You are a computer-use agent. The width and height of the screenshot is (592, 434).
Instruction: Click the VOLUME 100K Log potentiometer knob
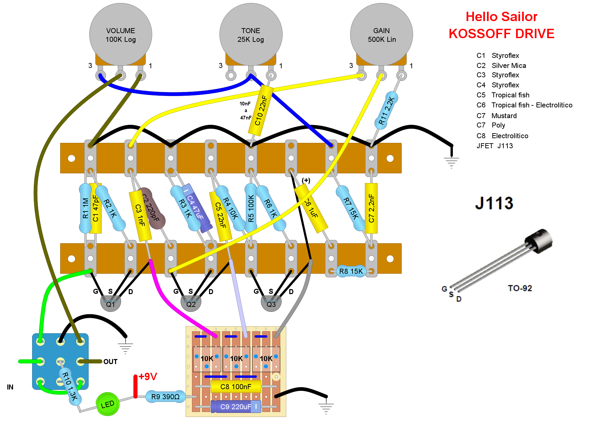[x=120, y=34]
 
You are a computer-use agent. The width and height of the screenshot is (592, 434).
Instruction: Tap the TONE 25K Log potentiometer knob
[x=251, y=34]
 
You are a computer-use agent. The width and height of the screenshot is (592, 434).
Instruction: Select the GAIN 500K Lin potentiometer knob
[x=381, y=34]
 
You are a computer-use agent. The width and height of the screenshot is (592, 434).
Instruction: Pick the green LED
[x=107, y=404]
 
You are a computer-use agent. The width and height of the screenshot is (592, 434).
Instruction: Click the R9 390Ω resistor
[x=165, y=397]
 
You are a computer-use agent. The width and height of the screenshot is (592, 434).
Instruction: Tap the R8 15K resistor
[x=351, y=271]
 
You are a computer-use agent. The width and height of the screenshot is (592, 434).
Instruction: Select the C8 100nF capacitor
[x=235, y=386]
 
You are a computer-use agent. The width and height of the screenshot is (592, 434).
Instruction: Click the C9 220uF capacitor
[x=235, y=407]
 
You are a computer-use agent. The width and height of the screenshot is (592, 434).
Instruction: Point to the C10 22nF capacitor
[x=261, y=110]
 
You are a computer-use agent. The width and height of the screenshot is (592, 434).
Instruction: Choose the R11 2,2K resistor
[x=386, y=110]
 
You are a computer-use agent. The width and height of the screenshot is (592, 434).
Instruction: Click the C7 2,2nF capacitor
[x=371, y=208]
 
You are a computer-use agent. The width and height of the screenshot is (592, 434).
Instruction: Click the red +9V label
[x=147, y=376]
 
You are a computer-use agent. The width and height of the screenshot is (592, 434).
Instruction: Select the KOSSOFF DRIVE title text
[x=501, y=33]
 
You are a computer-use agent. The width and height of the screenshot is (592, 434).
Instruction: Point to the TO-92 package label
[x=520, y=288]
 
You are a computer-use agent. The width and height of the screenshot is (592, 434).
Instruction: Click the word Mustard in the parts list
[x=504, y=116]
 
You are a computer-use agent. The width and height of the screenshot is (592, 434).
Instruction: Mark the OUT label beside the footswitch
[x=110, y=362]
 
